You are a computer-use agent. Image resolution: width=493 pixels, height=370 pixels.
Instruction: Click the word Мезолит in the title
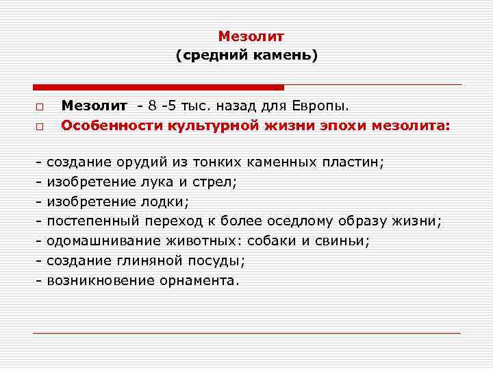(x=246, y=36)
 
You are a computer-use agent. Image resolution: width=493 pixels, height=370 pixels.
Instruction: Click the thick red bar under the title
(x=158, y=87)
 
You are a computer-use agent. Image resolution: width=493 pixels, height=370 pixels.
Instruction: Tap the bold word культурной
(x=203, y=125)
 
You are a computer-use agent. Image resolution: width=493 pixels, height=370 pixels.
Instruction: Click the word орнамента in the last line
(x=199, y=280)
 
